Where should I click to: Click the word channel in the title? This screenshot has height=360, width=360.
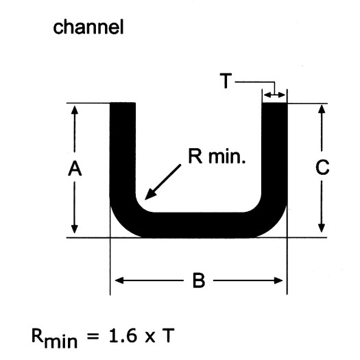click(x=88, y=27)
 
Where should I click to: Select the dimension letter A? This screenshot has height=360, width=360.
click(x=75, y=169)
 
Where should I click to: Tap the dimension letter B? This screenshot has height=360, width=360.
click(x=199, y=280)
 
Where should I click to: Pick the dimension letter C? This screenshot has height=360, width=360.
click(x=322, y=167)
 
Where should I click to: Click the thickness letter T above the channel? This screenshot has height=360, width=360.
click(x=226, y=81)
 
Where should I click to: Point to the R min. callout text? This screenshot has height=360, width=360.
click(x=217, y=156)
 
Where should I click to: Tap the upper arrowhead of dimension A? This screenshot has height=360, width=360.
click(x=74, y=110)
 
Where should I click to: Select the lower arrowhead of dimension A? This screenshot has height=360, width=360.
click(x=74, y=228)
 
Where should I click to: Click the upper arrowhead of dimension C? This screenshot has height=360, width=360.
click(x=322, y=108)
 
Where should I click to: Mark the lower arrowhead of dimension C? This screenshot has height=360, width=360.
click(x=322, y=228)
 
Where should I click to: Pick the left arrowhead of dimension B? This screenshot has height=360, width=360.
click(x=119, y=280)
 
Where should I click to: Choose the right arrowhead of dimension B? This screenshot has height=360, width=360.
click(x=278, y=280)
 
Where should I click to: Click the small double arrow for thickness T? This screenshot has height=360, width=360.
click(x=274, y=95)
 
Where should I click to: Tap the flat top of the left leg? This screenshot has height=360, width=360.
click(x=123, y=103)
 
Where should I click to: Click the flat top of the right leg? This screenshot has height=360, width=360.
click(x=274, y=104)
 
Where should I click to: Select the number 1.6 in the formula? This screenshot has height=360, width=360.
click(x=123, y=335)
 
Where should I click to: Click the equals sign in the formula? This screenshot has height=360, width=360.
click(x=93, y=337)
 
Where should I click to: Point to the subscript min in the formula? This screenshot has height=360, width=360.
click(x=61, y=342)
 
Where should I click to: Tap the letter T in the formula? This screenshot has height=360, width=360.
click(x=168, y=335)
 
